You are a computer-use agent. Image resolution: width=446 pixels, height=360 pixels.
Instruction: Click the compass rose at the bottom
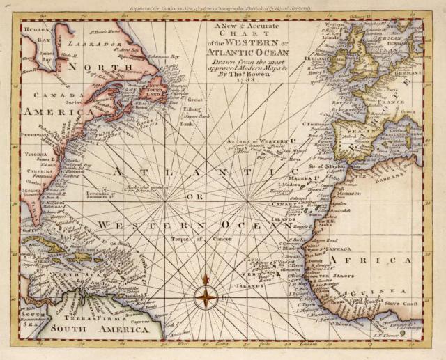click(206, 298)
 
